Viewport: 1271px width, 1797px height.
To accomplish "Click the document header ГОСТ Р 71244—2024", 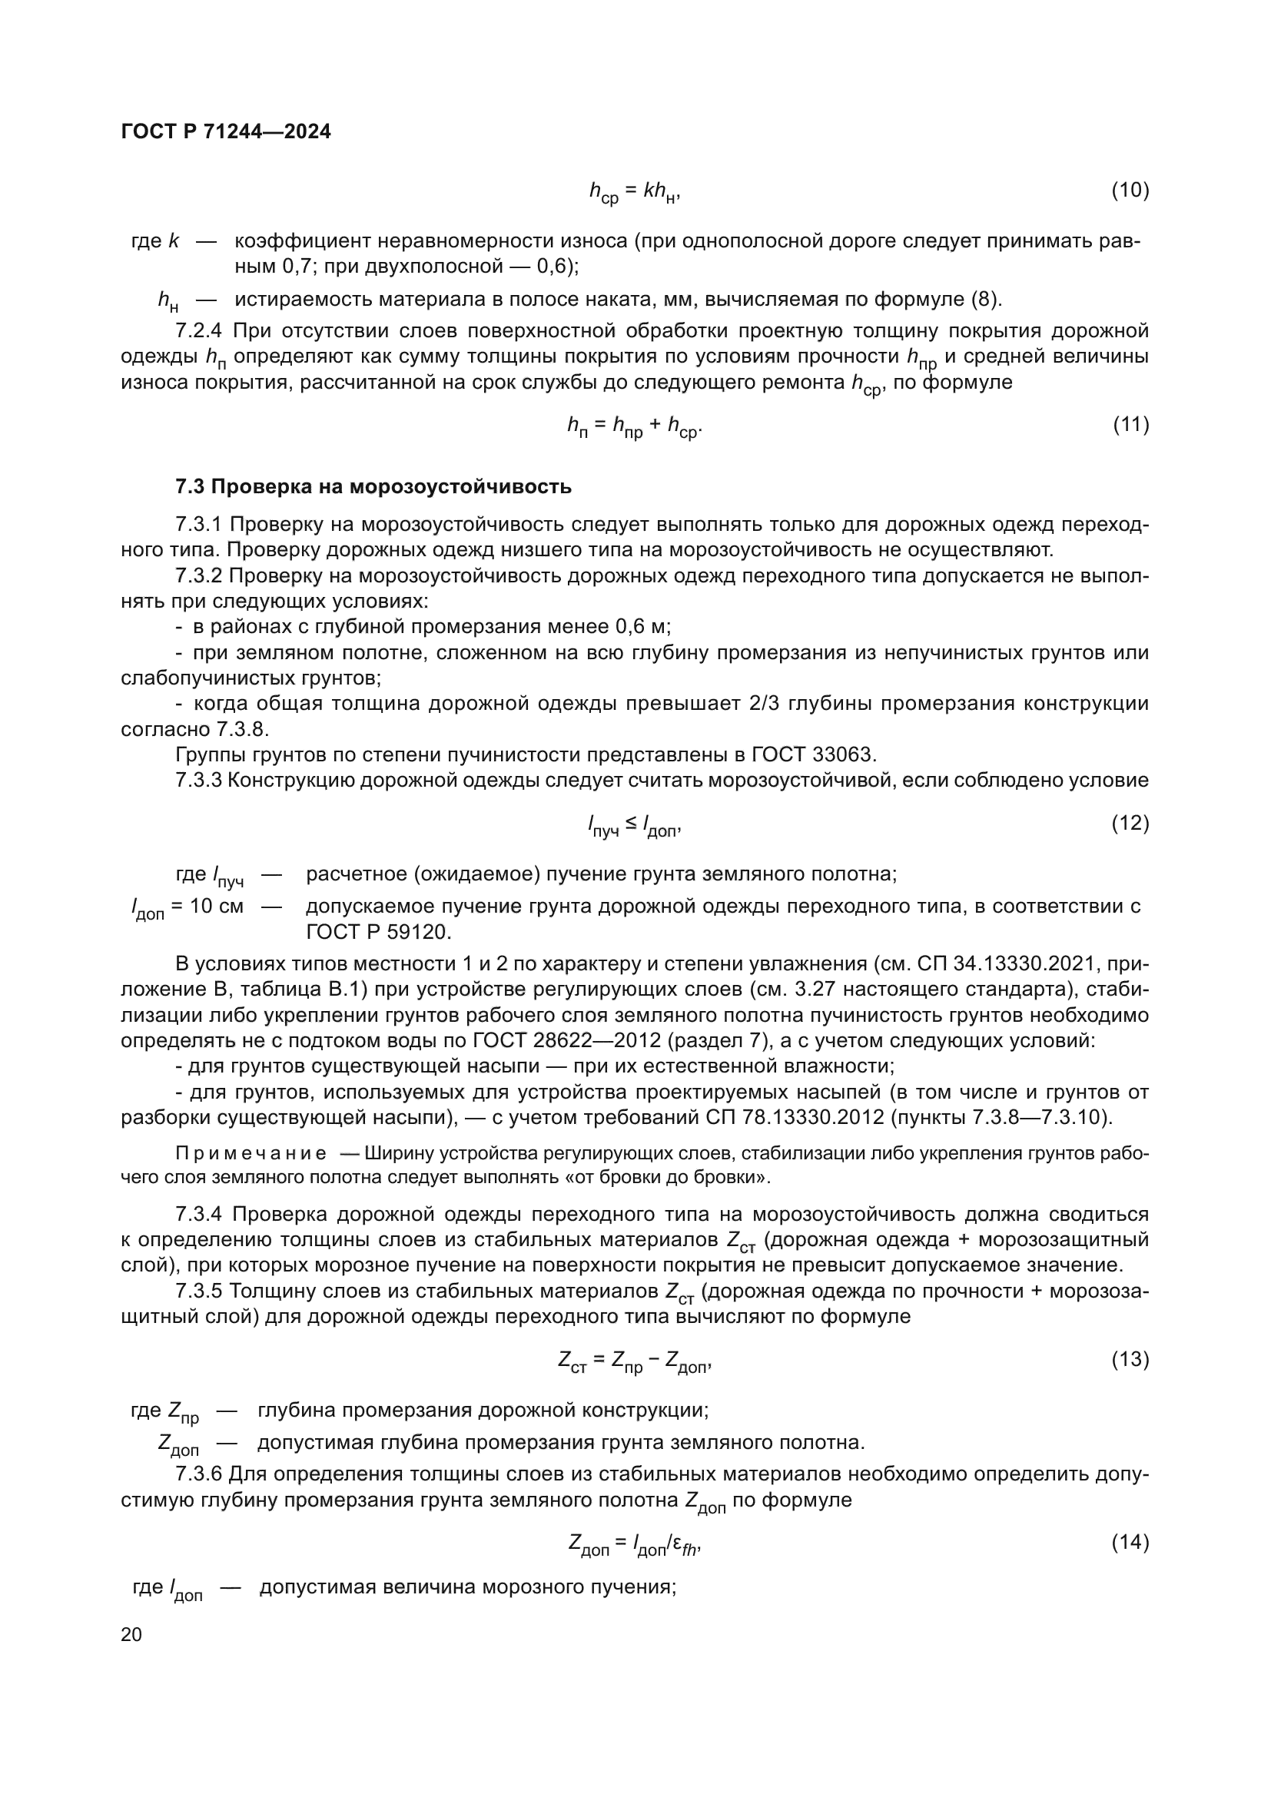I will (226, 132).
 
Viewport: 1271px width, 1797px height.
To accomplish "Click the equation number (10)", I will (1130, 191).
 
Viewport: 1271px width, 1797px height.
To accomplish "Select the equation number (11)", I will (1130, 425).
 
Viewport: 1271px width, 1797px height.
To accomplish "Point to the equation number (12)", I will (1130, 824).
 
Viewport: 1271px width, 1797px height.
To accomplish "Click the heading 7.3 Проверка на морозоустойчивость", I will (373, 487).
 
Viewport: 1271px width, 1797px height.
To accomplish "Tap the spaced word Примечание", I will (251, 1155).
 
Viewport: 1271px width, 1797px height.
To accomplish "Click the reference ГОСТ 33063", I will (814, 754).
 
